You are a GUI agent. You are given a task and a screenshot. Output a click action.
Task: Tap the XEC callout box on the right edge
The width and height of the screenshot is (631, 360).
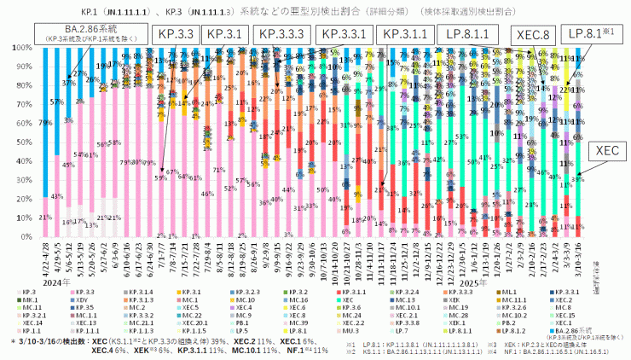pos(606,148)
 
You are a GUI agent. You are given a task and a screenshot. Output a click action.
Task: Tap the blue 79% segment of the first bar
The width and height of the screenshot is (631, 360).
pos(44,124)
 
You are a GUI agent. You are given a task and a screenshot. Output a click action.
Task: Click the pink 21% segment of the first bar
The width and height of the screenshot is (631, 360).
pos(44,218)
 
